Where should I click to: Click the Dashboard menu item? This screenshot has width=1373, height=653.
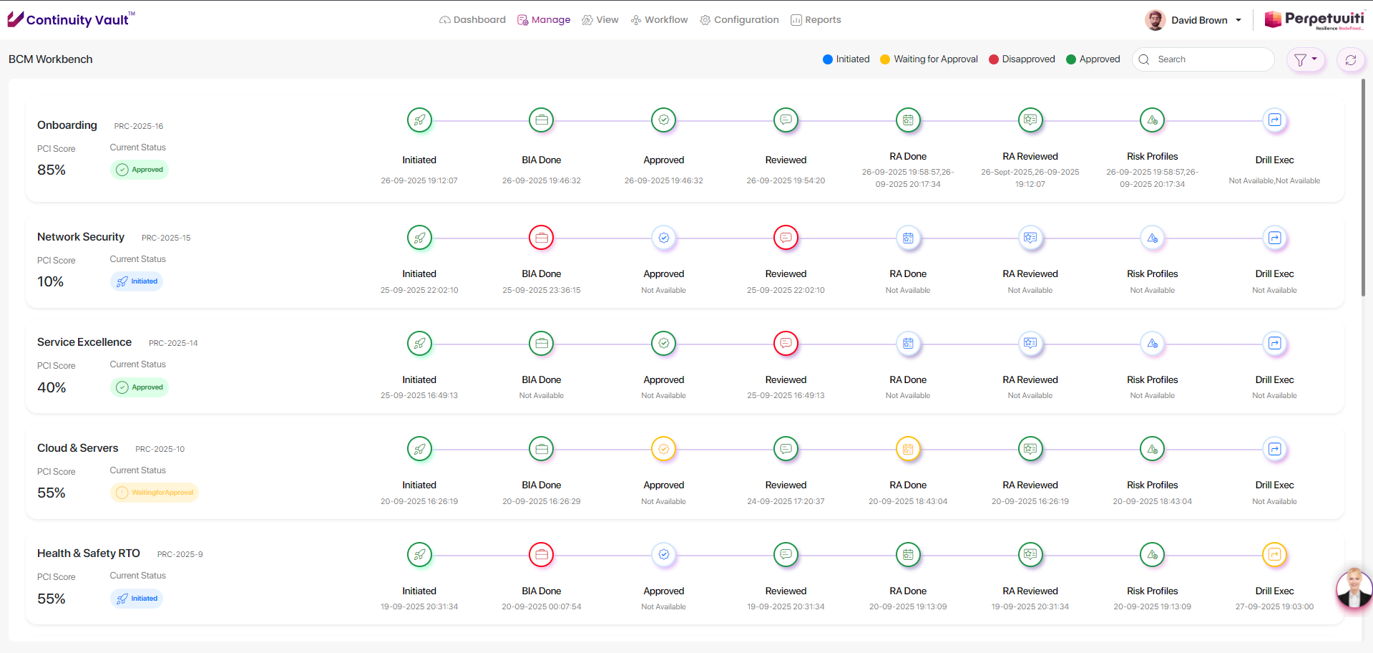pos(472,20)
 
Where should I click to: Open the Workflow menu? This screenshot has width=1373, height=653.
pos(659,20)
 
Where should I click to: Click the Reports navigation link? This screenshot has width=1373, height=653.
pos(816,20)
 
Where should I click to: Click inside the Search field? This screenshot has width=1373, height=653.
pos(1209,59)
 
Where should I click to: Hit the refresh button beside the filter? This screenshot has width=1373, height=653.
pos(1350,60)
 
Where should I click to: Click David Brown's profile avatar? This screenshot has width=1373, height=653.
pos(1155,20)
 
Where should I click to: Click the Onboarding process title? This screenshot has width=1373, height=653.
pos(67,125)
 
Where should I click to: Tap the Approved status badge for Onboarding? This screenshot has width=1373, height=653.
pos(140,170)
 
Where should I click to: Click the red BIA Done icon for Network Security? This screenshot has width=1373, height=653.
pos(542,238)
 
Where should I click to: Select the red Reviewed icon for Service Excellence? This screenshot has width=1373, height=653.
pos(786,344)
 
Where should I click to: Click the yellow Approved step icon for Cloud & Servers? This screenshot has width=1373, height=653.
pos(664,449)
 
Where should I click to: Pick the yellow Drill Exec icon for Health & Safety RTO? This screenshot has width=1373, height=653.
pos(1274,554)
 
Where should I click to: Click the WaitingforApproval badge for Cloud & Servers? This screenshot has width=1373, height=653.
pos(155,493)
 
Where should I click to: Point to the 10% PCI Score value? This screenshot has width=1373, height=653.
pos(51,282)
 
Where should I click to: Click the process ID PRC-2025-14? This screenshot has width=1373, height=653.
pos(173,343)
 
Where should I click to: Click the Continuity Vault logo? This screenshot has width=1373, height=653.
pos(70,19)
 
